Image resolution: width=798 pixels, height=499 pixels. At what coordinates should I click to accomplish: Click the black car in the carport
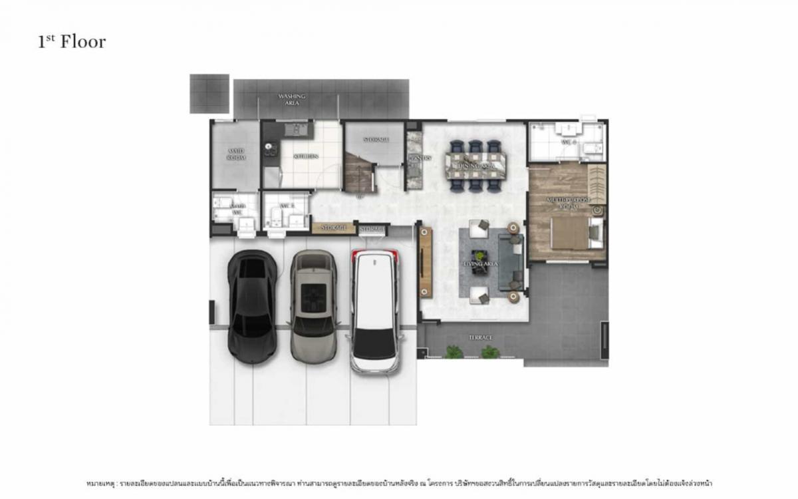click(252, 306)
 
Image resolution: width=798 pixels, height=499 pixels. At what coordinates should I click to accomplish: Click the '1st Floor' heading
click(72, 42)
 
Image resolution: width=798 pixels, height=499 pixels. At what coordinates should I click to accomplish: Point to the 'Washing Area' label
click(292, 100)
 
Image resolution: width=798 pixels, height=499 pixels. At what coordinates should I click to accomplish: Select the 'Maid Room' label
click(235, 154)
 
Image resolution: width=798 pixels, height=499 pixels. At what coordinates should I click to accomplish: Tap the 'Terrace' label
click(480, 338)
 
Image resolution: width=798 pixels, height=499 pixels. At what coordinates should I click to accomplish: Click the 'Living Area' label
click(481, 265)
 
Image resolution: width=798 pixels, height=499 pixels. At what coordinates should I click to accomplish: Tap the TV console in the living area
click(426, 261)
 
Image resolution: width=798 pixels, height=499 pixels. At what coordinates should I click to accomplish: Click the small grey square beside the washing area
click(209, 93)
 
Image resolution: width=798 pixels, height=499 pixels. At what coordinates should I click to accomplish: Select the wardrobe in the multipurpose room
click(597, 184)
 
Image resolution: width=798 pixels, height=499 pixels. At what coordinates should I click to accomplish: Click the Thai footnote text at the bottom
click(399, 482)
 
